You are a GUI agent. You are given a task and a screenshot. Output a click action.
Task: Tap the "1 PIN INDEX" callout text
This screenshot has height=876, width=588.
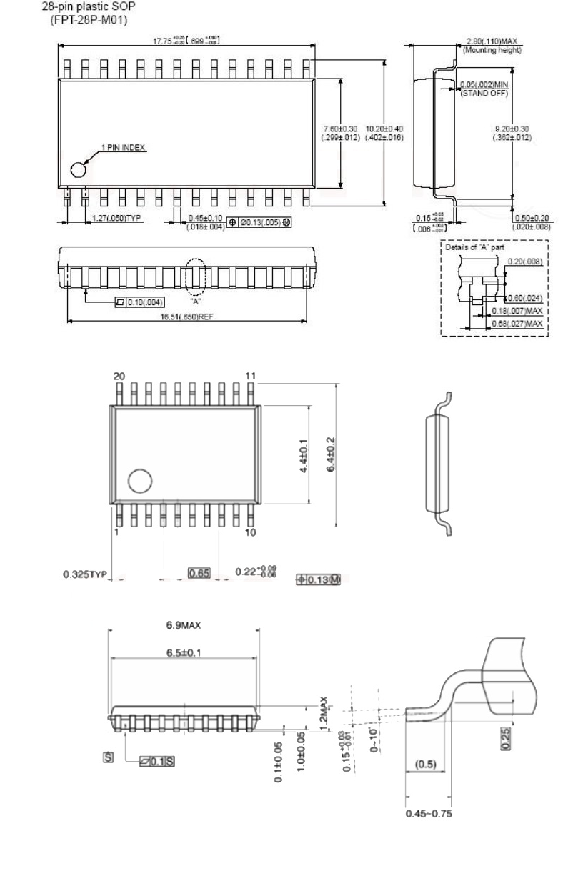(122, 148)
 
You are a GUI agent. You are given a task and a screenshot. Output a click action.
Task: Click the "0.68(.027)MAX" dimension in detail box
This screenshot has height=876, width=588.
(517, 324)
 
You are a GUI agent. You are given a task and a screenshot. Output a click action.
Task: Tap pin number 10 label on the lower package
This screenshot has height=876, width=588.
(250, 532)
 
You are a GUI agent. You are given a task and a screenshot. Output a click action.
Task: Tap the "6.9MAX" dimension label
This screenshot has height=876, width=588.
(183, 624)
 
